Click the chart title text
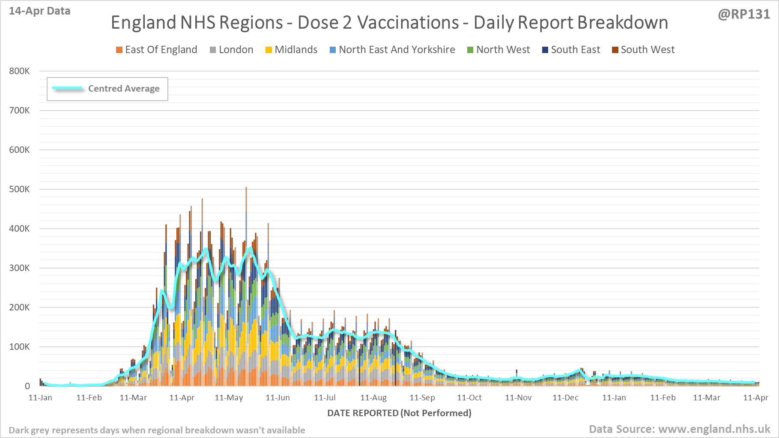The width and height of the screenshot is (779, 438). tap(389, 23)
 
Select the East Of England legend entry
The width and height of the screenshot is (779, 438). tap(157, 50)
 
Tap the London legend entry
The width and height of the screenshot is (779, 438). tap(232, 50)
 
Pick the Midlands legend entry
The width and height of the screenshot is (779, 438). tap(292, 50)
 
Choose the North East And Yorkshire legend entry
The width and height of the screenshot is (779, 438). tap(392, 50)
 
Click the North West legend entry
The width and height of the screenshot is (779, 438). tap(498, 50)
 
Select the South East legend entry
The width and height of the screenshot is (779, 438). tap(571, 50)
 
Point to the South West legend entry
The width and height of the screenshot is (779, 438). tap(643, 50)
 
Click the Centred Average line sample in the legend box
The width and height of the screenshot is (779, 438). tap(67, 88)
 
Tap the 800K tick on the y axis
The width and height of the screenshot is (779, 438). tap(19, 71)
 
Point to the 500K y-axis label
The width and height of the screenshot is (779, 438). tap(19, 189)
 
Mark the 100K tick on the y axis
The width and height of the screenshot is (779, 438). tap(19, 347)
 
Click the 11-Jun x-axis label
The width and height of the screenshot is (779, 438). tap(278, 398)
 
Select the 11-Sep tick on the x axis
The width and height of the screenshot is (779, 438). tap(422, 398)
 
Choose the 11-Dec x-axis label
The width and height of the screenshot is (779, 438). tap(565, 398)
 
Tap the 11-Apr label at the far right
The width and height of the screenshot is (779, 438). tap(755, 398)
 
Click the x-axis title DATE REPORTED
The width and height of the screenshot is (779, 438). tap(399, 413)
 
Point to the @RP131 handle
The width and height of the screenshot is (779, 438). tap(744, 14)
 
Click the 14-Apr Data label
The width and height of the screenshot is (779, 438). tap(39, 11)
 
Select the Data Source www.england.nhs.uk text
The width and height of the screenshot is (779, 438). tap(679, 429)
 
